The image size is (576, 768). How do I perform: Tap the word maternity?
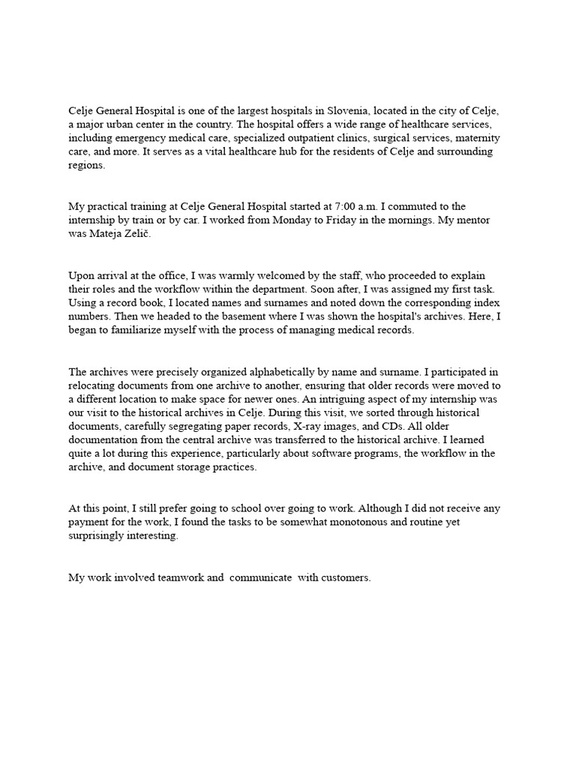click(474, 139)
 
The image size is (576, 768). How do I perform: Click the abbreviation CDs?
click(367, 426)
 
